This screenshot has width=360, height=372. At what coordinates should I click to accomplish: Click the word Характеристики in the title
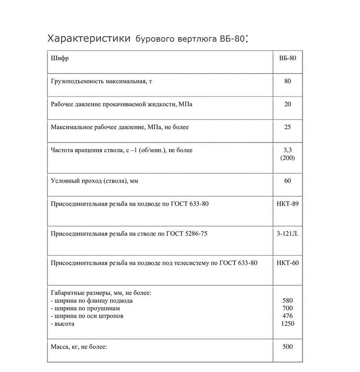point(89,38)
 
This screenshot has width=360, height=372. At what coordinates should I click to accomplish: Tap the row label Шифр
point(59,58)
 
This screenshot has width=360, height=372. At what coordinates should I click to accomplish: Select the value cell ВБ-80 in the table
point(288,58)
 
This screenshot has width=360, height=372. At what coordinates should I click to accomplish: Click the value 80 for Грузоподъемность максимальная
point(288,81)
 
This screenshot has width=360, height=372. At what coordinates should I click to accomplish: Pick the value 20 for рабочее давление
point(288,104)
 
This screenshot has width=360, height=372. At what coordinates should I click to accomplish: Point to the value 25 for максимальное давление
point(288,127)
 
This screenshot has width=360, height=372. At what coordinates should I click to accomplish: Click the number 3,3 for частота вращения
point(288,150)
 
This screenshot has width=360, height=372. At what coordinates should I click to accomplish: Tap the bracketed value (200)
point(288,158)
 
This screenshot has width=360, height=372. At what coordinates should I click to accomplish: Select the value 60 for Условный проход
point(288,181)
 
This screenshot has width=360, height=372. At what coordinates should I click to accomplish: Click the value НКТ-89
point(288,203)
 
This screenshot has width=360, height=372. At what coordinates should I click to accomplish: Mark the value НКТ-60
point(288,263)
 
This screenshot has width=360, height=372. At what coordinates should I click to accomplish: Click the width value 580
point(288,301)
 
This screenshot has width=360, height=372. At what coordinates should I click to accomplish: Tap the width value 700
point(288,308)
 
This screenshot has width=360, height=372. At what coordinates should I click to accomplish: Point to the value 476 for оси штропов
point(288,316)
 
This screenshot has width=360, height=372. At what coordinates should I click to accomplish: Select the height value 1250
point(288,324)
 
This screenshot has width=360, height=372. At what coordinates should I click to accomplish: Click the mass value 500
point(288,347)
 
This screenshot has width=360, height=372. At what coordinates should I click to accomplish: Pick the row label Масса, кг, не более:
point(79,347)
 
